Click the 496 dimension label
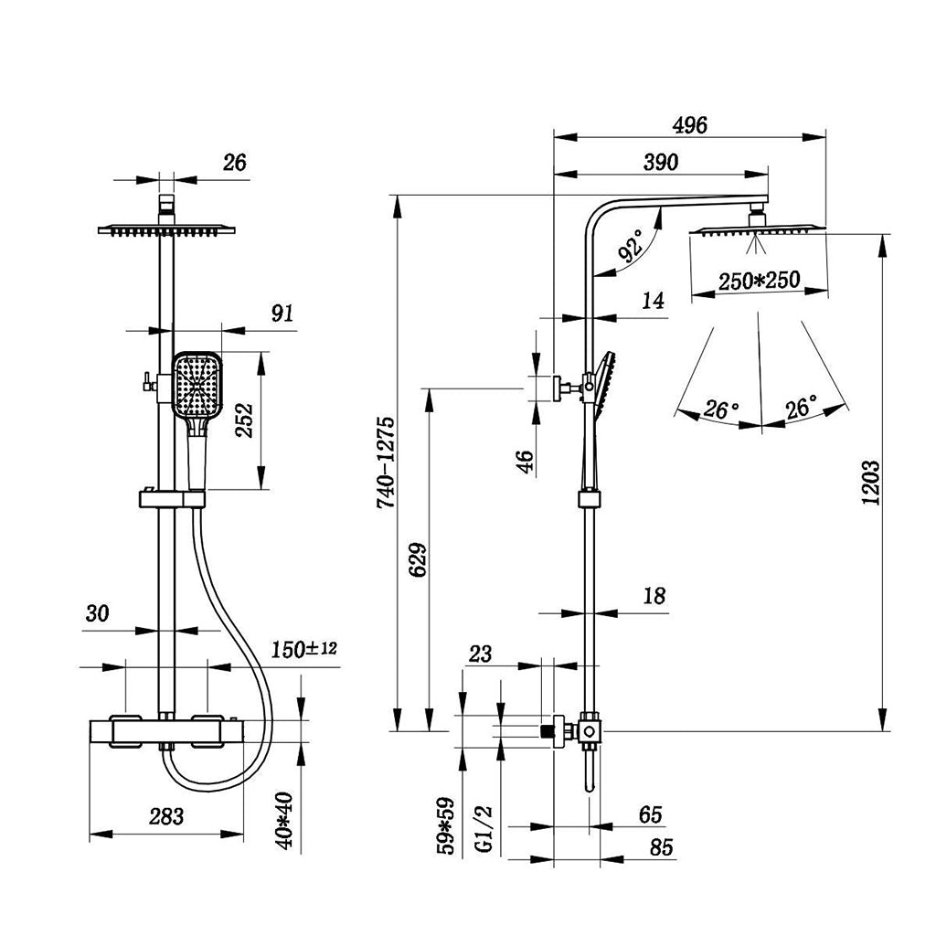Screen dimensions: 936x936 (x=689, y=126)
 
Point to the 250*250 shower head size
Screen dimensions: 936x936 (x=759, y=281)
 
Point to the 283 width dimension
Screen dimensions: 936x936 (x=165, y=816)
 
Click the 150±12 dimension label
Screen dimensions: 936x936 (x=304, y=649)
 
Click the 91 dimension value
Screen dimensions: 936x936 (x=282, y=314)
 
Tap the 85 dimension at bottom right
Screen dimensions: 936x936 (x=661, y=847)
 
